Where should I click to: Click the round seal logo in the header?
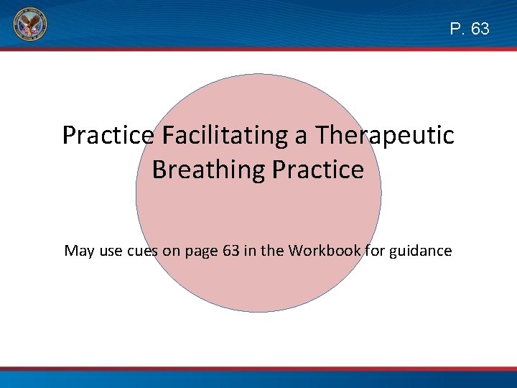29,27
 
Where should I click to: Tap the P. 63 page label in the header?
470,29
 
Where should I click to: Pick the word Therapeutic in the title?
386,135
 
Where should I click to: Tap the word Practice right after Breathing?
317,170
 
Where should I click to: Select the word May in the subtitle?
78,251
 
